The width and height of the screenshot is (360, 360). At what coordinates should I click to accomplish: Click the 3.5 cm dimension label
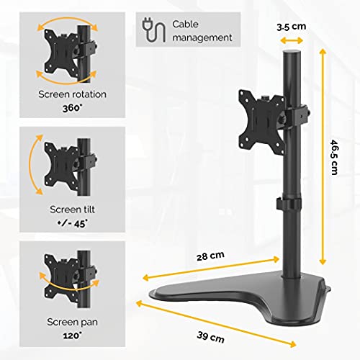[292, 26]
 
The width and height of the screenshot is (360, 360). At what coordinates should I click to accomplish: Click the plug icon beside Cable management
[151, 30]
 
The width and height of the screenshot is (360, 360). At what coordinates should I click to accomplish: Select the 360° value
[71, 107]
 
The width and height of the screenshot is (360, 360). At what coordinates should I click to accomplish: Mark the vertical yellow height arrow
[323, 151]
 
